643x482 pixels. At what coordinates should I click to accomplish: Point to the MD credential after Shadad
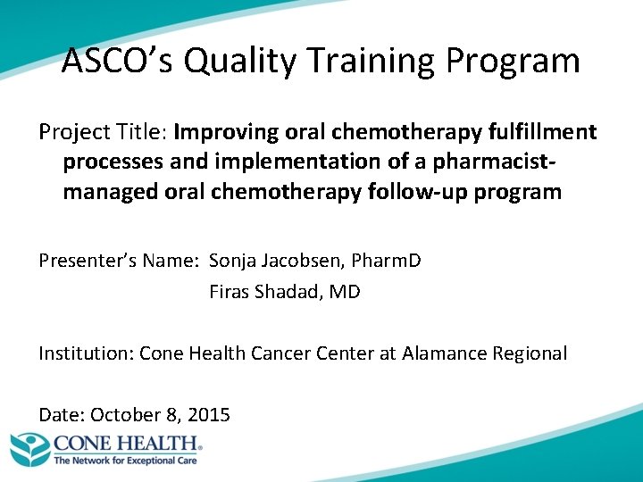345,291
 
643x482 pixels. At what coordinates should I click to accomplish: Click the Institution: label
86,353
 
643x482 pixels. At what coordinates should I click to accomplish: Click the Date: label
62,414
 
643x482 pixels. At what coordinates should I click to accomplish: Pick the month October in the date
123,414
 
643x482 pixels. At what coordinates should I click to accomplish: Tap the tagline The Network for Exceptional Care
125,461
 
